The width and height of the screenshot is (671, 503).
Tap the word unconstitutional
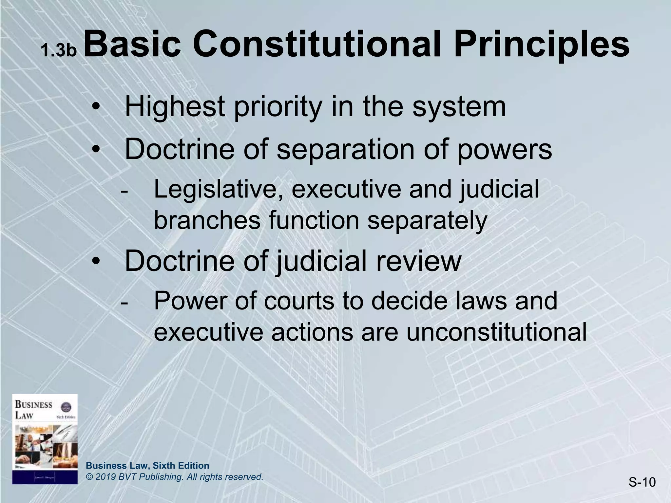pyautogui.click(x=496, y=332)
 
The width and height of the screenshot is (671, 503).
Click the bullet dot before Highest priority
pyautogui.click(x=96, y=107)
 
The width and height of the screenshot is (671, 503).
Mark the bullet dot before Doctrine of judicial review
pyautogui.click(x=96, y=262)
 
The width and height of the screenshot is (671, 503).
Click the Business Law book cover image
pyautogui.click(x=45, y=439)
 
